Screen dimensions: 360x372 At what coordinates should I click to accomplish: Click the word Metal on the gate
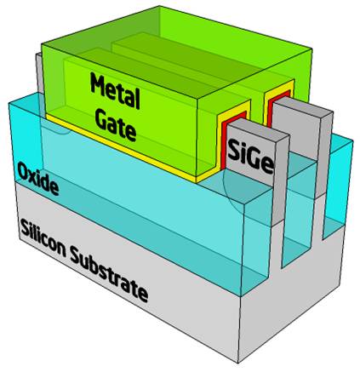coord(116,90)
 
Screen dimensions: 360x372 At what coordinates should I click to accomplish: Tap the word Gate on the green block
coord(116,125)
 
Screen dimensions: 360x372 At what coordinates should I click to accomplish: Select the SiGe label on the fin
coord(250,157)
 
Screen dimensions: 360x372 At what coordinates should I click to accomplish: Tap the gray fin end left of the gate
coord(39,73)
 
